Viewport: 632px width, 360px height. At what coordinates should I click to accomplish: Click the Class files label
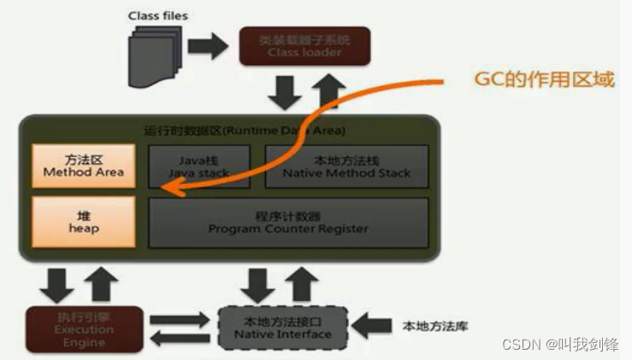tap(157, 15)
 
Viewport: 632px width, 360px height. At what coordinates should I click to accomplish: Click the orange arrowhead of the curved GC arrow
tap(170, 191)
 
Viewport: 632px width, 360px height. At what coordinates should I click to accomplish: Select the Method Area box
tap(83, 165)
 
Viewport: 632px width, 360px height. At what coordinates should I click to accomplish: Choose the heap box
tap(83, 222)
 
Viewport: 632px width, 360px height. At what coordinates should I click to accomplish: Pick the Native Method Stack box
tap(346, 165)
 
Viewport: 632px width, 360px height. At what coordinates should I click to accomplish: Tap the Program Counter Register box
tap(288, 222)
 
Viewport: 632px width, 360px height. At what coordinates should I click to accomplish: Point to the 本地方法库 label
tap(435, 326)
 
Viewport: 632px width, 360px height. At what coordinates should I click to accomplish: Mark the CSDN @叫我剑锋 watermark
tap(561, 344)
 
